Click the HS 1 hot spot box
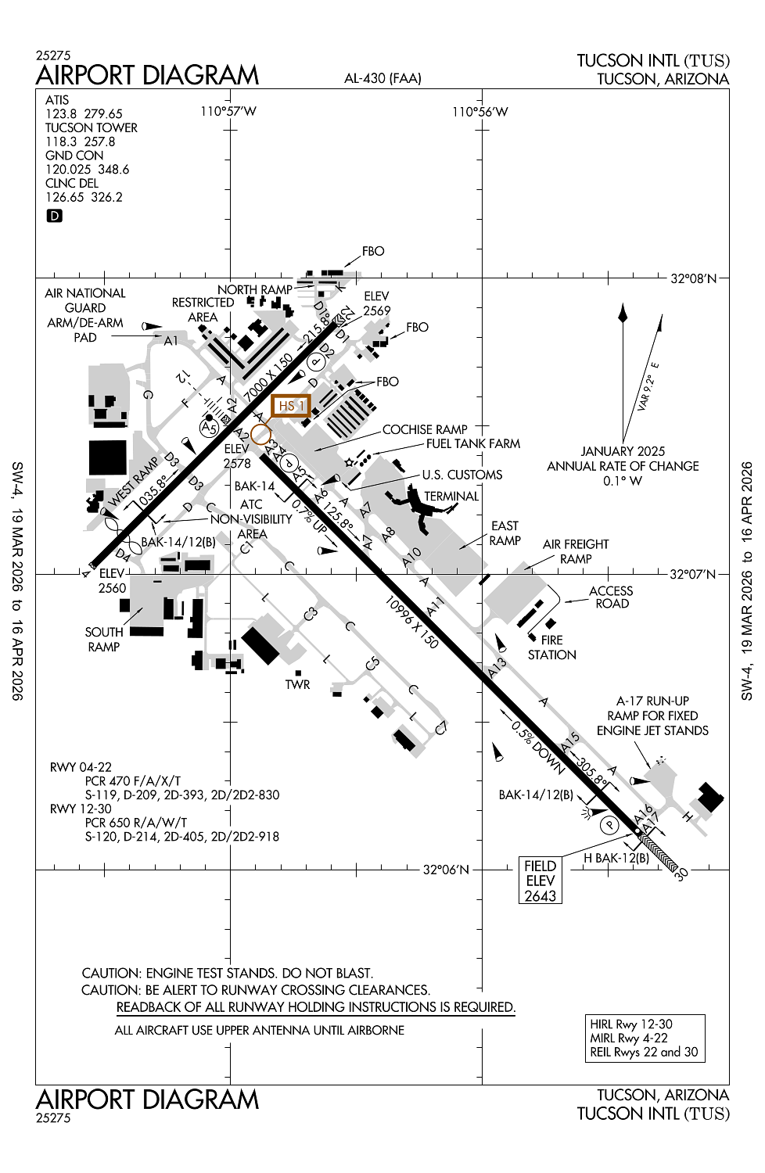pyautogui.click(x=291, y=406)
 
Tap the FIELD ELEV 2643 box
pyautogui.click(x=541, y=881)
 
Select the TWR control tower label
pyautogui.click(x=297, y=684)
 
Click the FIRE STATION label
pyautogui.click(x=551, y=647)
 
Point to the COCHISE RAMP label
pyautogui.click(x=425, y=429)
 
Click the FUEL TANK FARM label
pyautogui.click(x=472, y=443)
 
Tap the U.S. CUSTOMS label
pyautogui.click(x=462, y=475)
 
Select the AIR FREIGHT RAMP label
pyautogui.click(x=576, y=551)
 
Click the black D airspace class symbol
pyautogui.click(x=54, y=216)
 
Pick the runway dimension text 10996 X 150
pyautogui.click(x=411, y=622)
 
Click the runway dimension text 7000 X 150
pyautogui.click(x=268, y=376)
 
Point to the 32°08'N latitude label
pyautogui.click(x=693, y=279)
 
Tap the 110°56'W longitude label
pyautogui.click(x=479, y=112)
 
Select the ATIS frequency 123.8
pyautogui.click(x=62, y=113)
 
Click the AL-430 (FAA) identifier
pyautogui.click(x=382, y=78)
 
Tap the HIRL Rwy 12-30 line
pyautogui.click(x=631, y=1024)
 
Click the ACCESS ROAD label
pyautogui.click(x=611, y=597)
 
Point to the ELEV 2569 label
pyautogui.click(x=376, y=303)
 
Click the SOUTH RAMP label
pyautogui.click(x=104, y=639)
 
